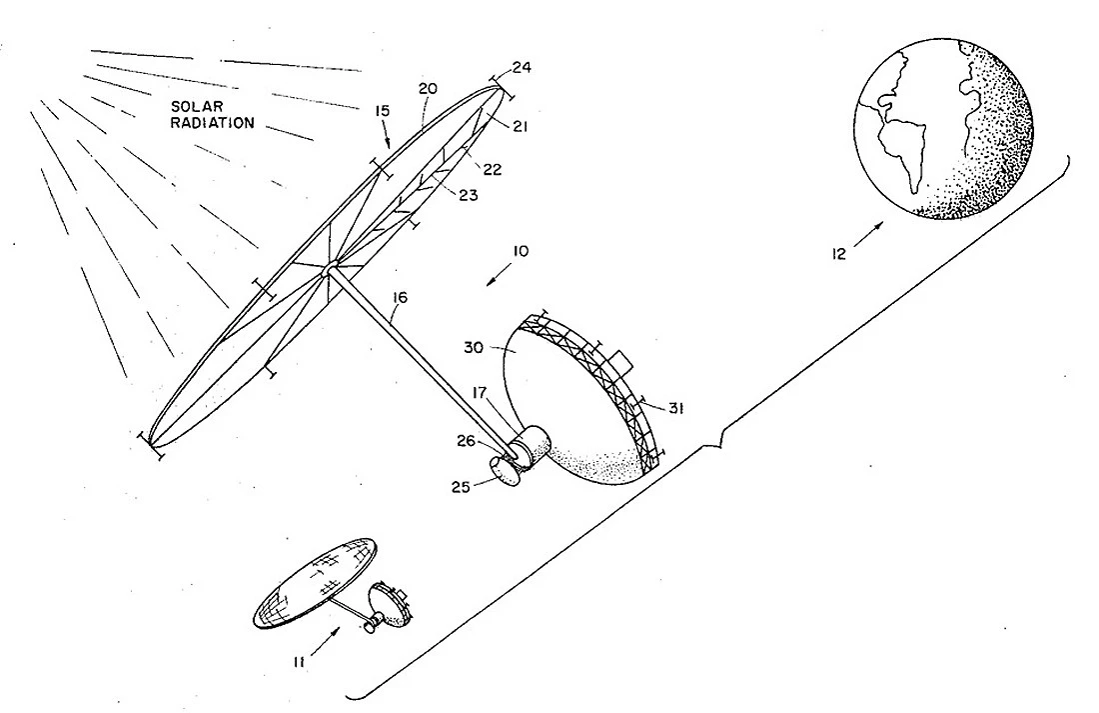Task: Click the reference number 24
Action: [522, 68]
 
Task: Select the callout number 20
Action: [428, 88]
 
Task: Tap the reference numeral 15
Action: [383, 111]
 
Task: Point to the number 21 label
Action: [520, 126]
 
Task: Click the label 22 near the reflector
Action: [493, 169]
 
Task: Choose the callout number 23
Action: [469, 195]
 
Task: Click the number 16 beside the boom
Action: [399, 298]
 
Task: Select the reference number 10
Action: [521, 251]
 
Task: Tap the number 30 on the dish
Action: [474, 347]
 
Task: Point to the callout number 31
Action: [675, 408]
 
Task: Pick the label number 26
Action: [468, 441]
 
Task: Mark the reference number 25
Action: [461, 486]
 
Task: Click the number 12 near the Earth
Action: [839, 254]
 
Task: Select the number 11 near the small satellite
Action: [300, 661]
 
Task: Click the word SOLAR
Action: [197, 107]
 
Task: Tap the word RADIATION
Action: [213, 123]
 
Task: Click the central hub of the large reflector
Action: [330, 269]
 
